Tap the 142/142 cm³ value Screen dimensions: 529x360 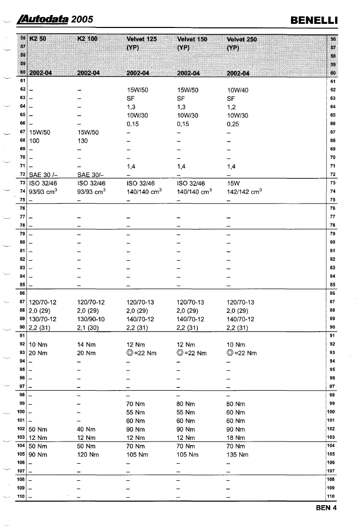coord(244,191)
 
